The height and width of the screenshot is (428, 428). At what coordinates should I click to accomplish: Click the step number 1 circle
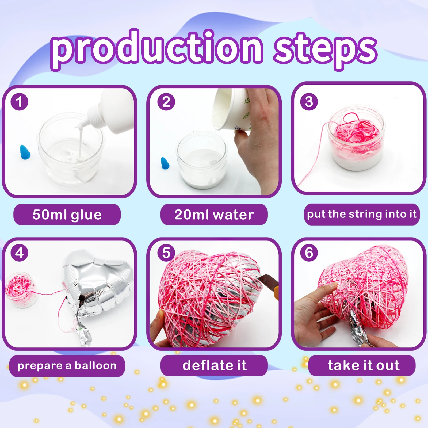(19, 102)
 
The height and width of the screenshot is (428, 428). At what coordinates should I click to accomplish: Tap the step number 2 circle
(166, 102)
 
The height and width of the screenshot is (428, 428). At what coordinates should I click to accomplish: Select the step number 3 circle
(309, 102)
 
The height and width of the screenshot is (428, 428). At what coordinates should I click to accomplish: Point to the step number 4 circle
(19, 253)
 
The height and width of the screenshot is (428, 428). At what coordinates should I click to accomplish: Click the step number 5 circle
(166, 253)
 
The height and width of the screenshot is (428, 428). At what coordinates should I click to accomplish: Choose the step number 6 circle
(309, 253)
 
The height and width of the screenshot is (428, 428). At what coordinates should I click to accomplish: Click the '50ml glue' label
(67, 215)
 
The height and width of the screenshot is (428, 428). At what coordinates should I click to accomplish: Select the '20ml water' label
(214, 215)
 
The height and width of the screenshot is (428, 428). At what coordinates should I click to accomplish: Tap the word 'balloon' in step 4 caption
(95, 366)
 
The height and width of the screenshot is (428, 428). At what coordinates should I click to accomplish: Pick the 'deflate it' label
(214, 365)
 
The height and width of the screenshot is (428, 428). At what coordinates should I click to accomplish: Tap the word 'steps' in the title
(325, 49)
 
